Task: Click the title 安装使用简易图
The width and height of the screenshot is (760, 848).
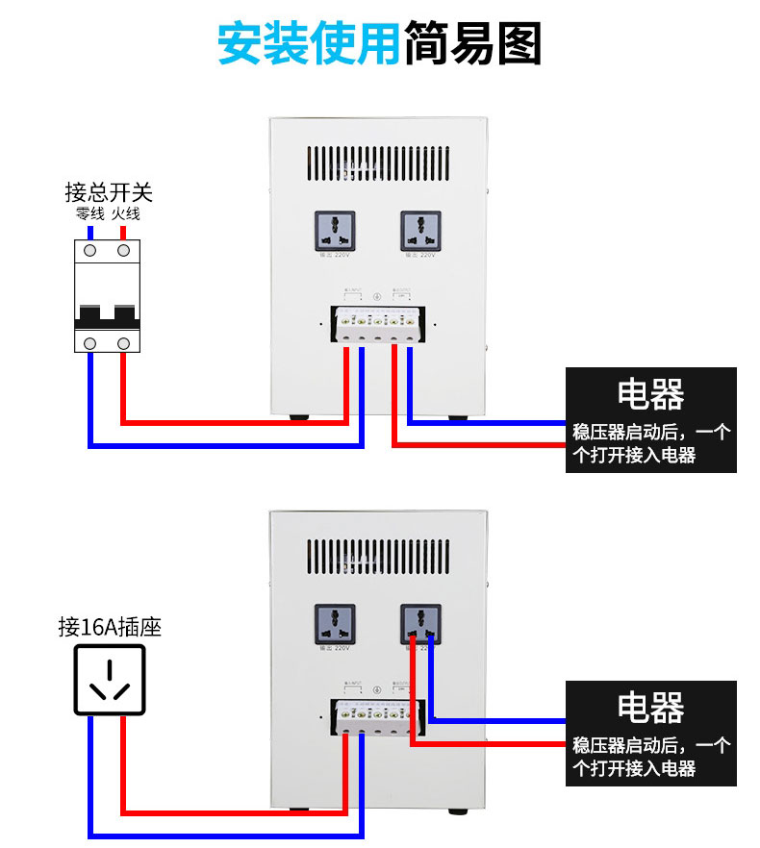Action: [380, 44]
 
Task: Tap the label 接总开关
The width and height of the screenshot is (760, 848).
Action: [108, 192]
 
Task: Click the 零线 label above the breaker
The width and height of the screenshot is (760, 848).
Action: [89, 213]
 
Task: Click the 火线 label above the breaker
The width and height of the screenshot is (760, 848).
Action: [124, 213]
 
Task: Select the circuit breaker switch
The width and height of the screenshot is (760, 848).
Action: [107, 296]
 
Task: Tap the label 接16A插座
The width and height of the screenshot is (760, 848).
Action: [110, 628]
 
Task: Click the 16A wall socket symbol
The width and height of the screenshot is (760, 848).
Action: [110, 680]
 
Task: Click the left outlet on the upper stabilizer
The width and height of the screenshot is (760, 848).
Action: [334, 231]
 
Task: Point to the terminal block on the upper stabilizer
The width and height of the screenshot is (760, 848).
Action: [376, 325]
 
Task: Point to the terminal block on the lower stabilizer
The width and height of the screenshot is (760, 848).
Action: [376, 717]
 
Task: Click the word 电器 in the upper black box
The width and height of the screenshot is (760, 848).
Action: [650, 394]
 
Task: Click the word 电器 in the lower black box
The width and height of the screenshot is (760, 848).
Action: [650, 708]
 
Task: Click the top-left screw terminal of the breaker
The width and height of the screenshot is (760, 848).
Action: [90, 250]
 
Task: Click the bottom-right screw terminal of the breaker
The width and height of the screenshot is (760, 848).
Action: [123, 342]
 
